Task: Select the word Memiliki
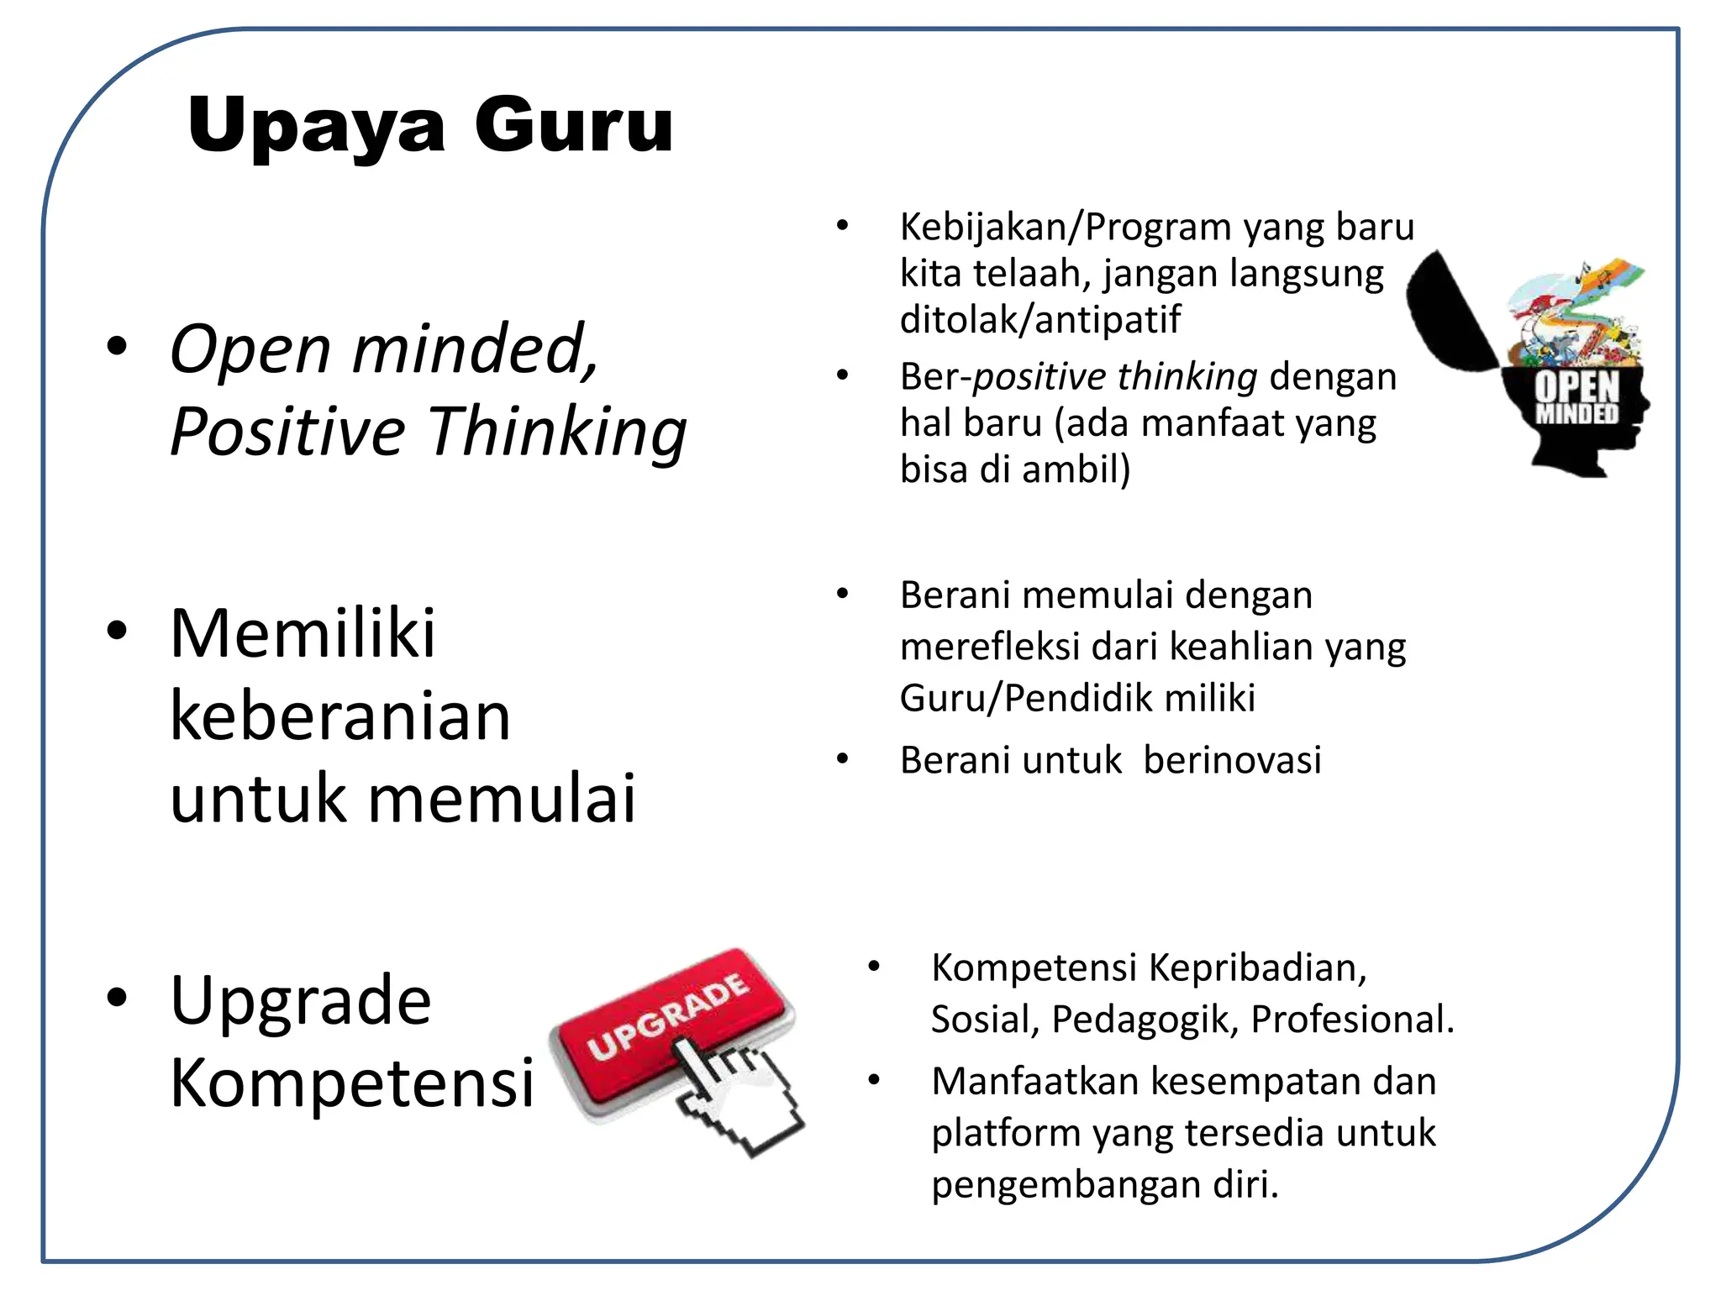coord(303,633)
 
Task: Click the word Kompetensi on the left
coord(351,1083)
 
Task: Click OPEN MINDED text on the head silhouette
coord(1576,398)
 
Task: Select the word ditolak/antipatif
coord(1039,320)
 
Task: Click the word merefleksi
coord(989,648)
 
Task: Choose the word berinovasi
coord(1232,761)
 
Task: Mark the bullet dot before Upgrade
coord(117,998)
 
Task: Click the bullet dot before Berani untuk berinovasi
coord(843,759)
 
